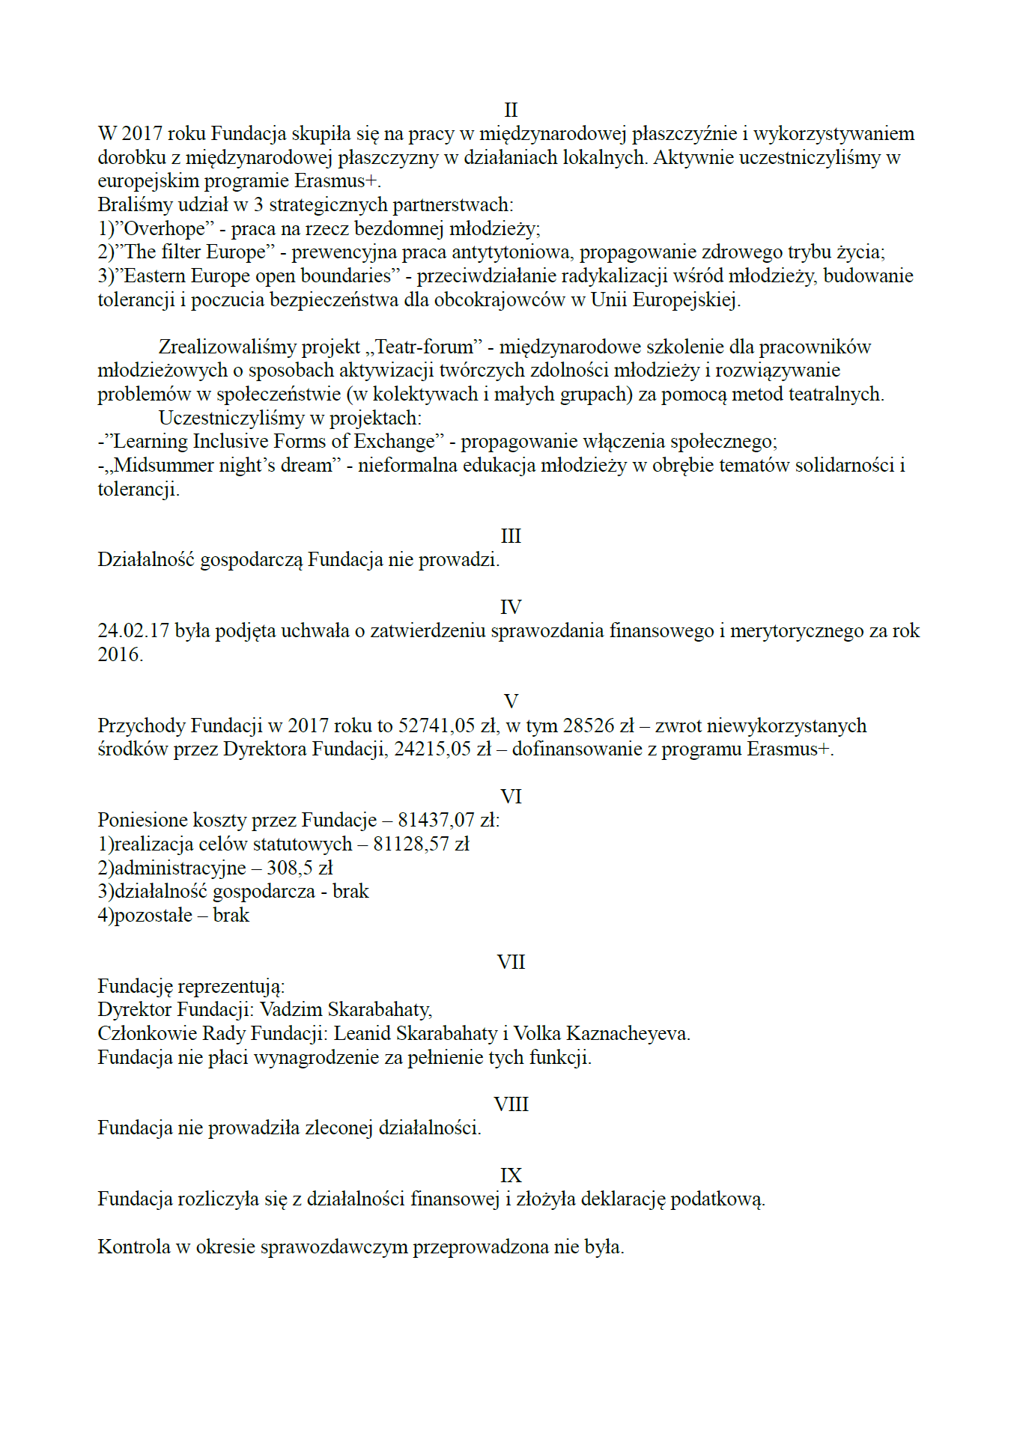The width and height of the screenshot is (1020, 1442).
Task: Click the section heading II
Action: (511, 110)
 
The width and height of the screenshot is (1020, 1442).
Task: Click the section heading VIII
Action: (511, 1104)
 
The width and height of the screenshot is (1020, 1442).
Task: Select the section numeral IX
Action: (511, 1175)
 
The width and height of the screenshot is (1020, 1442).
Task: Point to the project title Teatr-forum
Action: (424, 347)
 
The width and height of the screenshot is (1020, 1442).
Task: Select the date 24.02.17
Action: (133, 631)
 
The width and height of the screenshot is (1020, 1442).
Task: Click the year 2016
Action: (119, 655)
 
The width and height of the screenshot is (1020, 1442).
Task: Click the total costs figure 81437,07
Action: (436, 821)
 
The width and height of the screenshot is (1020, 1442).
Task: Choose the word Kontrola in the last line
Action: (134, 1247)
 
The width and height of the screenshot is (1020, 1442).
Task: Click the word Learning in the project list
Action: (150, 442)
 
